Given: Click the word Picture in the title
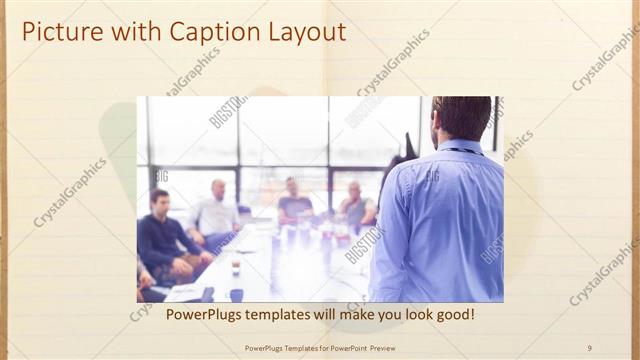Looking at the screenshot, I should pyautogui.click(x=57, y=32).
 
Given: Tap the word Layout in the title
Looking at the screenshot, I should pyautogui.click(x=305, y=32).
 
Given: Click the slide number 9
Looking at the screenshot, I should pyautogui.click(x=589, y=347).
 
